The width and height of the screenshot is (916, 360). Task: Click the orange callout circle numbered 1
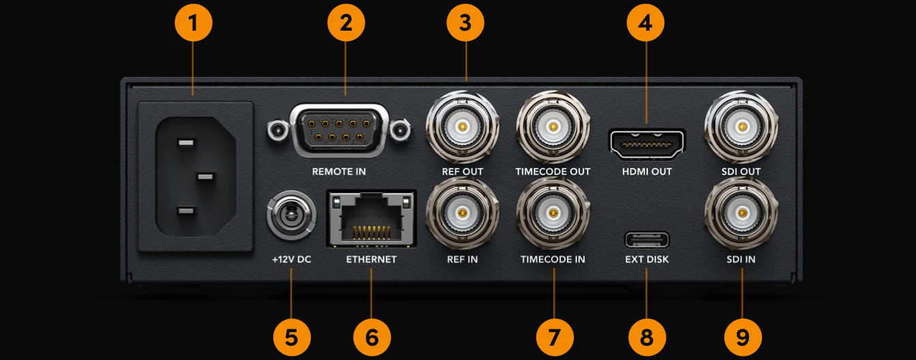[193, 24]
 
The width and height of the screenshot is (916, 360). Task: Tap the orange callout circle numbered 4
[645, 24]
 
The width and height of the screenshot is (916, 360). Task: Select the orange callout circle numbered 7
[554, 336]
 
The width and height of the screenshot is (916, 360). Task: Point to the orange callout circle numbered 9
[742, 336]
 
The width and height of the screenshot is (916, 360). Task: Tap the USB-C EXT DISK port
[647, 240]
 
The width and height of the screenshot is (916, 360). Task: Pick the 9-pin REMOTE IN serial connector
[339, 127]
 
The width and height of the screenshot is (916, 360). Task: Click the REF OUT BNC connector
[463, 127]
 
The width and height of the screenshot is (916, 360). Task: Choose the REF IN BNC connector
[463, 214]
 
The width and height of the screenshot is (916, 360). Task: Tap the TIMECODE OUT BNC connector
[553, 127]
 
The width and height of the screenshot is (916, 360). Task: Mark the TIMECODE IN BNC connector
[553, 214]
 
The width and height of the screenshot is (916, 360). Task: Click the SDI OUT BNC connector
[741, 127]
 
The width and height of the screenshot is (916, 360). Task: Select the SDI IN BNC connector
[741, 214]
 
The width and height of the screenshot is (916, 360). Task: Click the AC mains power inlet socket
[196, 176]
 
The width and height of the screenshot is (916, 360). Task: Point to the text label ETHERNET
[371, 260]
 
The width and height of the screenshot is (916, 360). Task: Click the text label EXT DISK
[647, 260]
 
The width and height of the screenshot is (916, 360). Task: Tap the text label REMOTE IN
[339, 172]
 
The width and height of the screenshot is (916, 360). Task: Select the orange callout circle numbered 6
[372, 336]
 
